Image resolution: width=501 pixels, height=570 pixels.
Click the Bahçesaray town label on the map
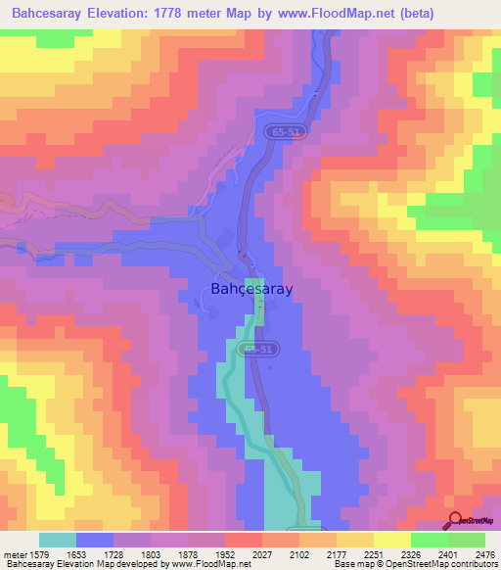coord(251,289)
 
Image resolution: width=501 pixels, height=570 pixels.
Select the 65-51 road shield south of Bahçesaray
coord(261,348)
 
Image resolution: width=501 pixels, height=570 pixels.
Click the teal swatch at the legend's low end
coord(57,540)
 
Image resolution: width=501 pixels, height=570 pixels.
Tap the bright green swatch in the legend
coord(466,540)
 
